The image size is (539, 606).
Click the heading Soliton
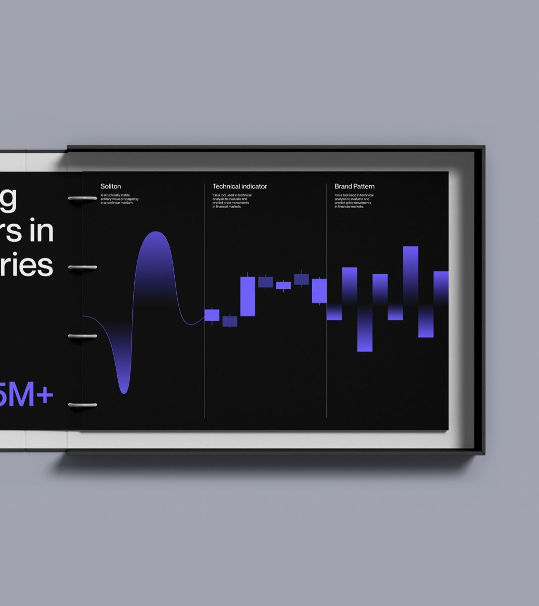coord(111,186)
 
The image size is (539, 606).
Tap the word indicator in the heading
coord(254,186)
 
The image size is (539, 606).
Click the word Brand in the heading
coord(343,186)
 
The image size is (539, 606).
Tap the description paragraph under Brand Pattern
coord(354,200)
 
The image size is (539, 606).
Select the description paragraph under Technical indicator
coord(231,200)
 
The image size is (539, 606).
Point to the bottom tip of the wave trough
coord(124,392)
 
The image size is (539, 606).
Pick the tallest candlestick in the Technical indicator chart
coord(248,296)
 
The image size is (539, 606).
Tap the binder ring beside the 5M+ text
coord(82,405)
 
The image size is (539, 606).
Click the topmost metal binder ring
coord(82,198)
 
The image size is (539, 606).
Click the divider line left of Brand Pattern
coord(327,364)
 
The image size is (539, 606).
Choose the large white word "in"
coord(43,231)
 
